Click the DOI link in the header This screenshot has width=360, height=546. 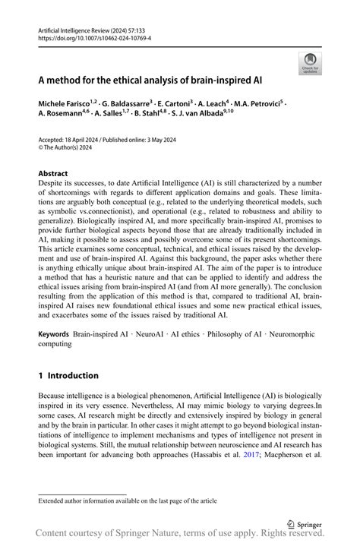tap(94, 37)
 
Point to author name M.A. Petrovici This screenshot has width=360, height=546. tap(254, 102)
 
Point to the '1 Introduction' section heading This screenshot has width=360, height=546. tap(68, 375)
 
